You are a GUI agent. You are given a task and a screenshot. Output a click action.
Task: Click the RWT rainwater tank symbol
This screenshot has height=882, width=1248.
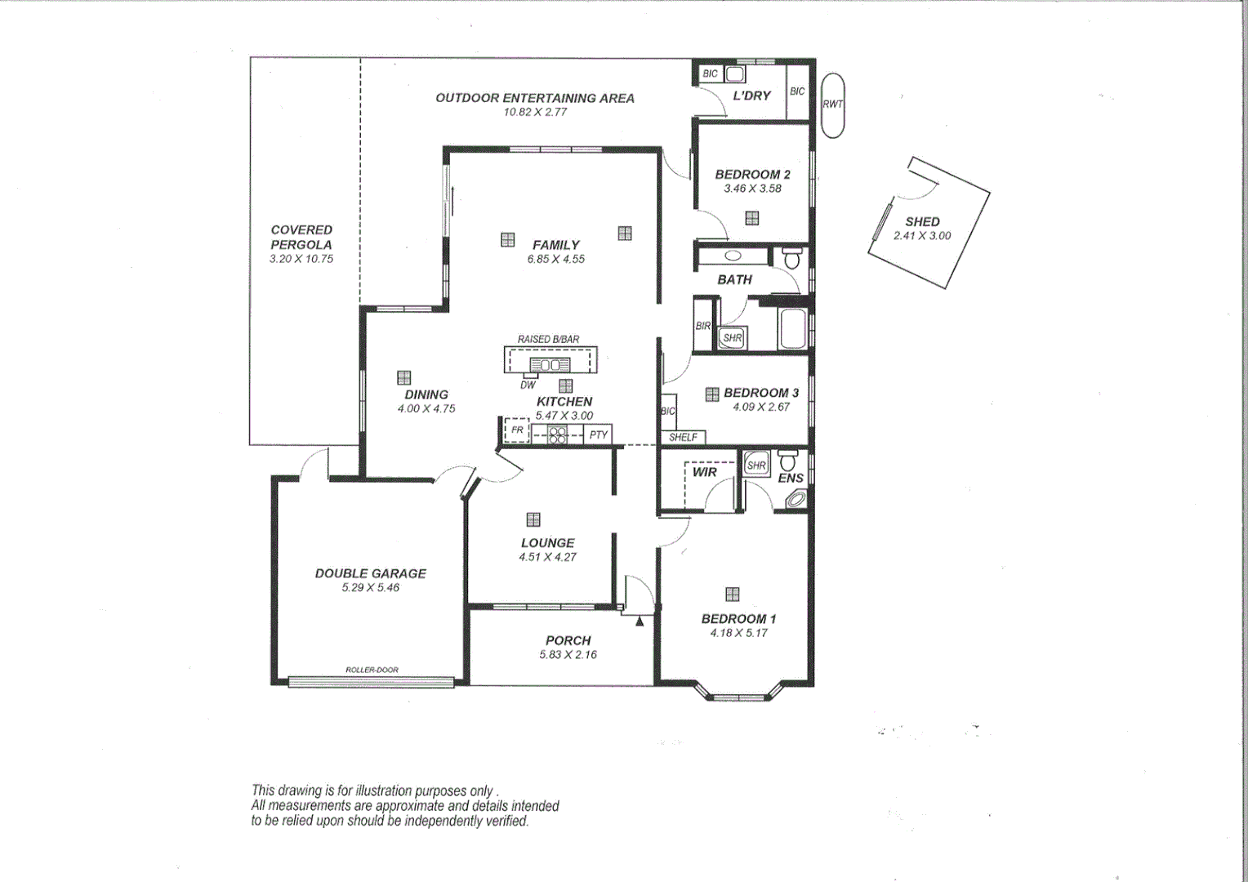(832, 105)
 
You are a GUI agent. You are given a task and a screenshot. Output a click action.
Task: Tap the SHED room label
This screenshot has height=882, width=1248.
(922, 221)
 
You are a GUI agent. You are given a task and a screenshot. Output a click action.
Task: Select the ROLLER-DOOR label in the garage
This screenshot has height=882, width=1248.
(372, 670)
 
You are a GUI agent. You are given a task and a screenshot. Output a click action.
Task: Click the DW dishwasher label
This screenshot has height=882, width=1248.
(528, 385)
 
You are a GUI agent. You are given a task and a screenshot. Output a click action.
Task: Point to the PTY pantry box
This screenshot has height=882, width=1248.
(598, 434)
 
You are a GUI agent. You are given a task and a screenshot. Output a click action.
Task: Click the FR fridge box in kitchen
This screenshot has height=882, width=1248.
(516, 430)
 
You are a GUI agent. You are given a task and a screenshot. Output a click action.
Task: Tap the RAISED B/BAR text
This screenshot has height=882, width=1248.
(548, 339)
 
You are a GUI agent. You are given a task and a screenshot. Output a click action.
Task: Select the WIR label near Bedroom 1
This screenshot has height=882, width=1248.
(704, 472)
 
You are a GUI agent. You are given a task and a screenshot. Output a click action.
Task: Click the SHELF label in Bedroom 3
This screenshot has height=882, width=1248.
(683, 437)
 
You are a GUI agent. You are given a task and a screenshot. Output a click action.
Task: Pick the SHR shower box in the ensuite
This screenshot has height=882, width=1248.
(756, 465)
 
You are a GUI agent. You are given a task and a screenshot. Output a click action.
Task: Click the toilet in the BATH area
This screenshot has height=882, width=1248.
(791, 257)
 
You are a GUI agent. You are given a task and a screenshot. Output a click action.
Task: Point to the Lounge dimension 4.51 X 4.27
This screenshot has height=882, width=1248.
(547, 557)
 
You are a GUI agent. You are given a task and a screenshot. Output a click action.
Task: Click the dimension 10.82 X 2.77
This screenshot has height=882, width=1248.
(535, 112)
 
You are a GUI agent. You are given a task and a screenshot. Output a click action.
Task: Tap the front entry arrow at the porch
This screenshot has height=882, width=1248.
(639, 621)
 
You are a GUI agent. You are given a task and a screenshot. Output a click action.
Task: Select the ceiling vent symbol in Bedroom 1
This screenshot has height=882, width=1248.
(732, 594)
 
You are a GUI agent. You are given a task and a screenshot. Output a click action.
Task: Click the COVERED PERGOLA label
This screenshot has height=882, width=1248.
(301, 237)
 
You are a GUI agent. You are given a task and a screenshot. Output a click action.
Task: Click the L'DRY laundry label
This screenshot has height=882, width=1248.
(751, 96)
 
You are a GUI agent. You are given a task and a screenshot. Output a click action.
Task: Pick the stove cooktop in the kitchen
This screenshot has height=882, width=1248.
(557, 435)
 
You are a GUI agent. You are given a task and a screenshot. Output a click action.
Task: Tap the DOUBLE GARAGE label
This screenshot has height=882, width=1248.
(371, 573)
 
